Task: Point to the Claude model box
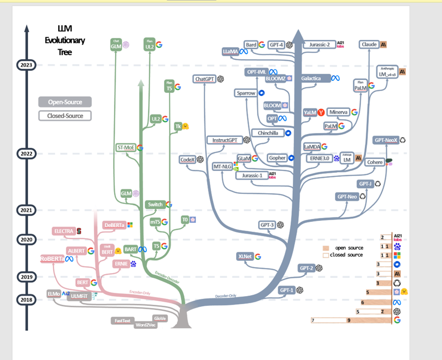coord(369,44)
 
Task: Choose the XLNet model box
coord(245,257)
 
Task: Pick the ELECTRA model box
coord(64,231)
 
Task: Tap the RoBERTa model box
coord(53,259)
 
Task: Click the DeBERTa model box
coord(114,225)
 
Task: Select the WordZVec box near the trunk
coord(146,325)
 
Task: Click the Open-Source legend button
coord(64,102)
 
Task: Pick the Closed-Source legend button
coord(64,116)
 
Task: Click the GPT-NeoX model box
coord(386,140)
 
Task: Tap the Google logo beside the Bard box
coord(262,45)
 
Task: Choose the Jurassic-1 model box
coord(252,176)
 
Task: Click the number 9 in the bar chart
coord(348,321)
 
